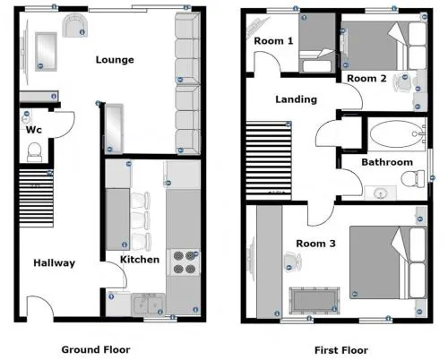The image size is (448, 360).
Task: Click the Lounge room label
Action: tap(115, 60)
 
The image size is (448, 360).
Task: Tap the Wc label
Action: tap(33, 130)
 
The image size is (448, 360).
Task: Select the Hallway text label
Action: tap(54, 263)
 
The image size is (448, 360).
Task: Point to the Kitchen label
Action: tap(140, 260)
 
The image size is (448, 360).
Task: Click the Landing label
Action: tap(296, 99)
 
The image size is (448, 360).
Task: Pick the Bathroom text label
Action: tap(387, 162)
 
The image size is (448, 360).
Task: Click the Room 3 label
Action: tap(315, 244)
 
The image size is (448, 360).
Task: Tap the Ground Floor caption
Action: tap(96, 349)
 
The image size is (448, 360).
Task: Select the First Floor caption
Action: tap(341, 350)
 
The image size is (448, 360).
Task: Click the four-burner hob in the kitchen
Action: tap(185, 262)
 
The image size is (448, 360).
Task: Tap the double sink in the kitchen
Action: tap(148, 304)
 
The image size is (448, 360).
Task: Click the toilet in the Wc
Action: tap(34, 152)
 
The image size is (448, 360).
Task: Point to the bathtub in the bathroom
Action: tap(397, 134)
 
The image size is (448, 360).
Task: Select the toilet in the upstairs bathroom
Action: tap(412, 179)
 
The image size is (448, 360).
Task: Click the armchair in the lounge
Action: tap(75, 25)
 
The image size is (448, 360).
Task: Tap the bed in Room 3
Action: tap(388, 262)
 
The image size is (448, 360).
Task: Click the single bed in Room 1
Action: tap(317, 42)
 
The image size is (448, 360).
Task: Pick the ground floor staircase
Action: tap(37, 198)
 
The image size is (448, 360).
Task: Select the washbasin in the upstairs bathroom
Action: tap(380, 193)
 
